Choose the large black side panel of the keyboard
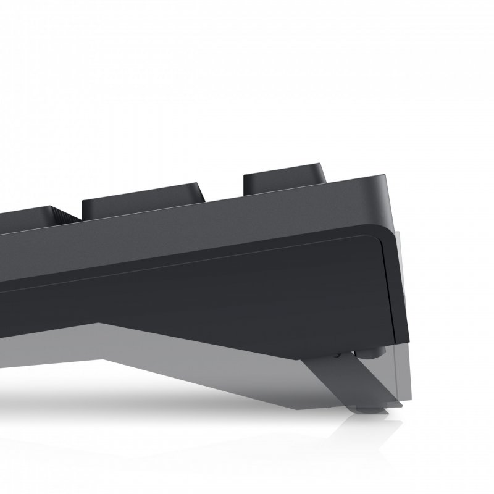click(247, 284)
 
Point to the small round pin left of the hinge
click(337, 354)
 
